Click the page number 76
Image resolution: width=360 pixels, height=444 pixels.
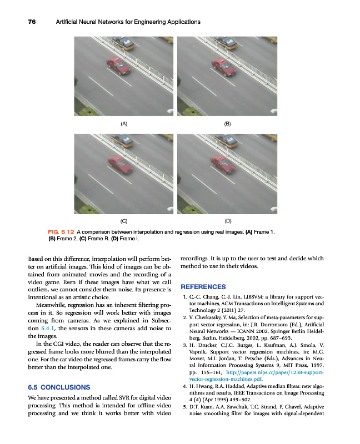[x=32, y=22]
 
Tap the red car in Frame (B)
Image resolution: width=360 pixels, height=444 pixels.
[x=221, y=65]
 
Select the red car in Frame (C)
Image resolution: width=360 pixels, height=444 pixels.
[x=120, y=164]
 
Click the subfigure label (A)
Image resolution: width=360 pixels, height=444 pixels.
[x=124, y=123]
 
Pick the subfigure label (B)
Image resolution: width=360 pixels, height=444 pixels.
[x=227, y=123]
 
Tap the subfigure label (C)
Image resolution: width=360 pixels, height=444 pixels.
[x=124, y=221]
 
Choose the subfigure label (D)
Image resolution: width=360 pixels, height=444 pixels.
[x=227, y=221]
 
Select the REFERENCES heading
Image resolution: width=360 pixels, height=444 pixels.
[x=203, y=287]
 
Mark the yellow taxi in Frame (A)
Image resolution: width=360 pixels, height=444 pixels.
[x=123, y=42]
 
